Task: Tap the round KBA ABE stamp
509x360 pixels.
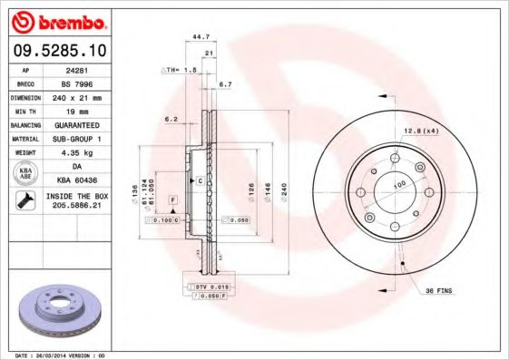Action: tap(24, 172)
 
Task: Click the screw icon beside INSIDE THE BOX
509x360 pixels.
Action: tap(24, 201)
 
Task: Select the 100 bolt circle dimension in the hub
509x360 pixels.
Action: tap(397, 185)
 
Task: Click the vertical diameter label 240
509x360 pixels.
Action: tap(284, 193)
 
